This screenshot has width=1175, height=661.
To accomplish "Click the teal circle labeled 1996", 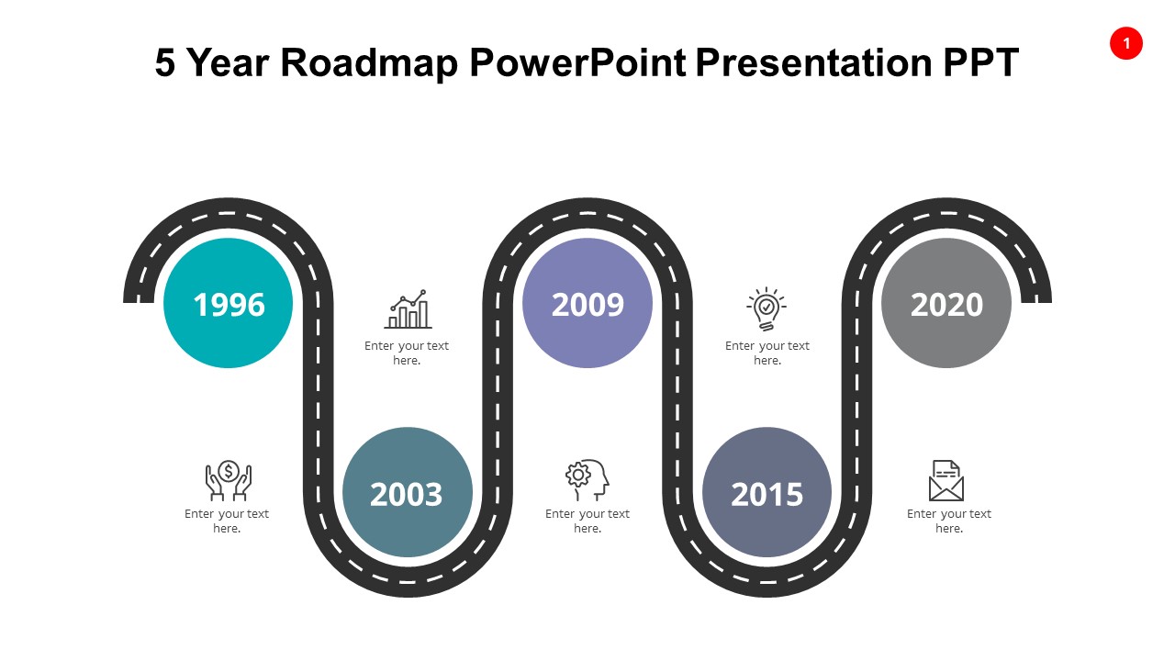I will pos(228,303).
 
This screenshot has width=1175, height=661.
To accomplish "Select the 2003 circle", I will pos(407,492).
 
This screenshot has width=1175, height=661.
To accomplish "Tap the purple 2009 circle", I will pos(587,303).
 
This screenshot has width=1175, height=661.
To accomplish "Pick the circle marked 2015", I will pos(767,492).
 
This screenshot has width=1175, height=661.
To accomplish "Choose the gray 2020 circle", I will pos(946,303).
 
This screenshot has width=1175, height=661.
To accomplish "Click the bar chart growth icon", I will pos(408,309).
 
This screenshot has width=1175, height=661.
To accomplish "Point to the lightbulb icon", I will pos(766,309).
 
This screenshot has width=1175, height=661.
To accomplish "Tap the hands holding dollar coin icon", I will pos(228,480).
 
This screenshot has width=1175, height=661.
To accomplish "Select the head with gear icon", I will pos(587,480).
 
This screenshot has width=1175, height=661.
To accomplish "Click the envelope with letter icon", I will pos(946,480).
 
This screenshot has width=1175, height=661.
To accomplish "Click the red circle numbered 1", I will pos(1126,43).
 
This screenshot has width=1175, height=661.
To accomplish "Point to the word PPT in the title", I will pos(980,62).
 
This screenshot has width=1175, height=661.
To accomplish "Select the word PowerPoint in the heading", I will pos(577,62).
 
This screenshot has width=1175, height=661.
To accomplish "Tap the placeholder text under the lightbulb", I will pos(767,353).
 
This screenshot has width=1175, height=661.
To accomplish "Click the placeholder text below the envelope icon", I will pos(948,521).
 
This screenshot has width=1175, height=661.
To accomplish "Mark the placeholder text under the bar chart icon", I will pos(407,353).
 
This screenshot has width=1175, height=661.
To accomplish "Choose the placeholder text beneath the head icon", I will pos(587,521).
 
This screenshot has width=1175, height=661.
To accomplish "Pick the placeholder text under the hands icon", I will pos(227,521).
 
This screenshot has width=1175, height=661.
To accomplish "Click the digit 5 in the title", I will pos(164,62).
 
